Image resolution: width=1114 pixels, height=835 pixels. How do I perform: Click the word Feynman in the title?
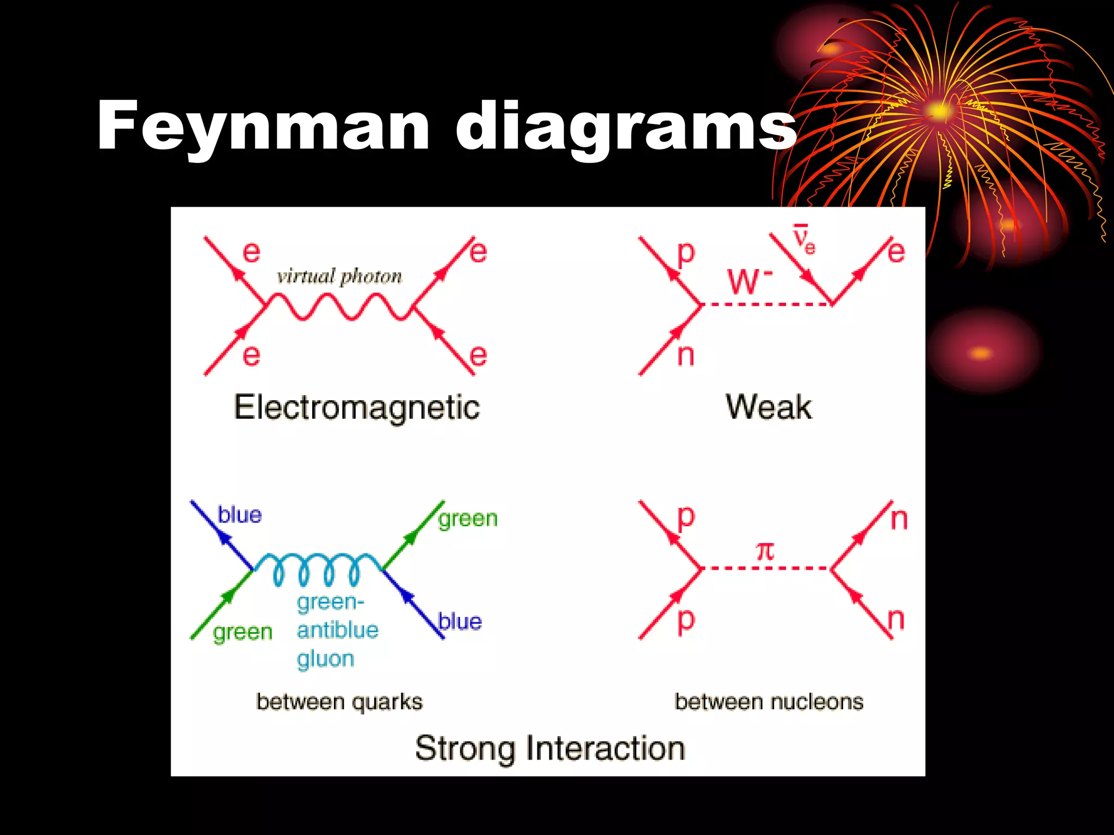pos(264,126)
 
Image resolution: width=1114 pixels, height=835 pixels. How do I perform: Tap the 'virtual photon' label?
pos(339,277)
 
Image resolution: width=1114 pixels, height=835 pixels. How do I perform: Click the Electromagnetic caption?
pos(357,408)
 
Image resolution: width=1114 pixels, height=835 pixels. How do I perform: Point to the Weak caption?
pos(769,407)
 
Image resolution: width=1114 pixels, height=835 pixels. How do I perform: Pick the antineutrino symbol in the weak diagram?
pos(803,240)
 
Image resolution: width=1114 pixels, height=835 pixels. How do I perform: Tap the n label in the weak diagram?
pos(686,356)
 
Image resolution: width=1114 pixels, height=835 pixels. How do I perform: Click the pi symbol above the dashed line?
pos(765,551)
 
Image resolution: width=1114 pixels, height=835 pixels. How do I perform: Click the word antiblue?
pos(338,631)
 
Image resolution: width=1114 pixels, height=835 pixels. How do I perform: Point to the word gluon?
pos(326,659)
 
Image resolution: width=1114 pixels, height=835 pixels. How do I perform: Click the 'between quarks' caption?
pos(339,702)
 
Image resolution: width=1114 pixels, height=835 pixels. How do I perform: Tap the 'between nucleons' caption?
pos(769,702)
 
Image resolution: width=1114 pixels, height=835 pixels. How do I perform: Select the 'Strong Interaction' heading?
pos(549,749)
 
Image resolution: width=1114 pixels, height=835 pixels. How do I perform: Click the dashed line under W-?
pos(767,304)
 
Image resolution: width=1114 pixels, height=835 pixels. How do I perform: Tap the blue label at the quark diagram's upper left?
pos(239,514)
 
